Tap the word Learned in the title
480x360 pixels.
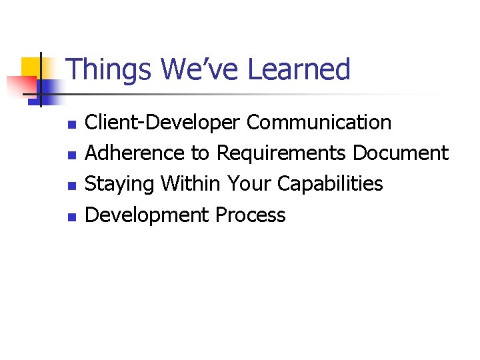(x=299, y=69)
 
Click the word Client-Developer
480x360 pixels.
(x=163, y=123)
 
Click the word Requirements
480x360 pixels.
(x=281, y=154)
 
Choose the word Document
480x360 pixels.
(x=400, y=153)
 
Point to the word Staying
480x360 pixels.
(x=120, y=185)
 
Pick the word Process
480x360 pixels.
(x=251, y=215)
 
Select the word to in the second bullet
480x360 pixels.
(x=200, y=154)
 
